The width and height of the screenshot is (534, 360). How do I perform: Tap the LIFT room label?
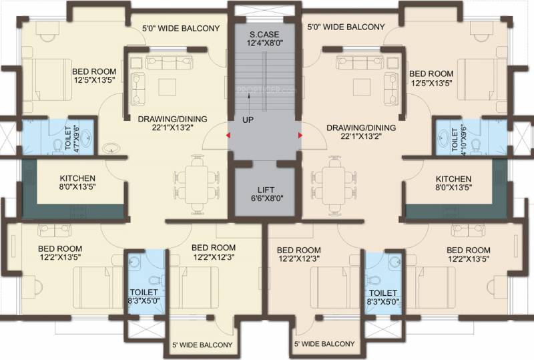266,190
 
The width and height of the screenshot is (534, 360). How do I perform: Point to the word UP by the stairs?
248,120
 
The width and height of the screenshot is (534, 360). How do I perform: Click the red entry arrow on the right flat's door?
300,136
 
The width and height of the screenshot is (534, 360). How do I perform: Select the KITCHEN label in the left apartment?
77,178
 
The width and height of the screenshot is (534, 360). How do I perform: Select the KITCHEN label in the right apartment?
454,179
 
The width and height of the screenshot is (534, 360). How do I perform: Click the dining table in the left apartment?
196,184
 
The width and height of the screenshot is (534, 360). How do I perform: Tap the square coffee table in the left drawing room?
168,87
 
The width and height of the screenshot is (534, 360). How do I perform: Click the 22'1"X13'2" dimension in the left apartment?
173,128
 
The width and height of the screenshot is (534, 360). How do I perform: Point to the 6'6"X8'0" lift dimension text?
268,198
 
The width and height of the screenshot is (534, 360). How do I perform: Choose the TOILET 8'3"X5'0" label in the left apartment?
144,297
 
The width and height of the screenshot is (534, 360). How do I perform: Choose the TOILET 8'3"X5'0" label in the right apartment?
383,297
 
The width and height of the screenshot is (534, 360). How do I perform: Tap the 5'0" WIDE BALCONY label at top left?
181,28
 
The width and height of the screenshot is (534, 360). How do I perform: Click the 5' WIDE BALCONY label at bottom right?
324,344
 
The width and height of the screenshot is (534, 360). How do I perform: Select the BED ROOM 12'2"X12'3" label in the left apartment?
214,252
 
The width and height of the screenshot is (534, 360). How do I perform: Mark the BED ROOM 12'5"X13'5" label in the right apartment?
431,78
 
